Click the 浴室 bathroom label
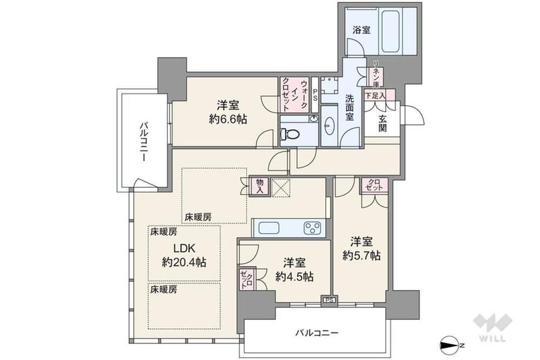pos(361,30)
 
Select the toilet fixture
pos(289,134)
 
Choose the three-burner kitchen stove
pos(312,228)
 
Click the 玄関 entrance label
pos(382,123)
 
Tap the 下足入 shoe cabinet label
pos(375,95)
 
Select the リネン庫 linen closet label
pos(377,74)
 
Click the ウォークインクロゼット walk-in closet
pos(295,95)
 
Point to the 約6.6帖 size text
pos(228,119)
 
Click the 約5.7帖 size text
pos(361,255)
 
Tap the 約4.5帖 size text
pos(294,277)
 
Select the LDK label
pos(184,248)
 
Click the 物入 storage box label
pos(259,186)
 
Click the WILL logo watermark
pos(492,327)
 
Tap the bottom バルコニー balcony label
pos(317,333)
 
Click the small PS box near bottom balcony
pos(330,300)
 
